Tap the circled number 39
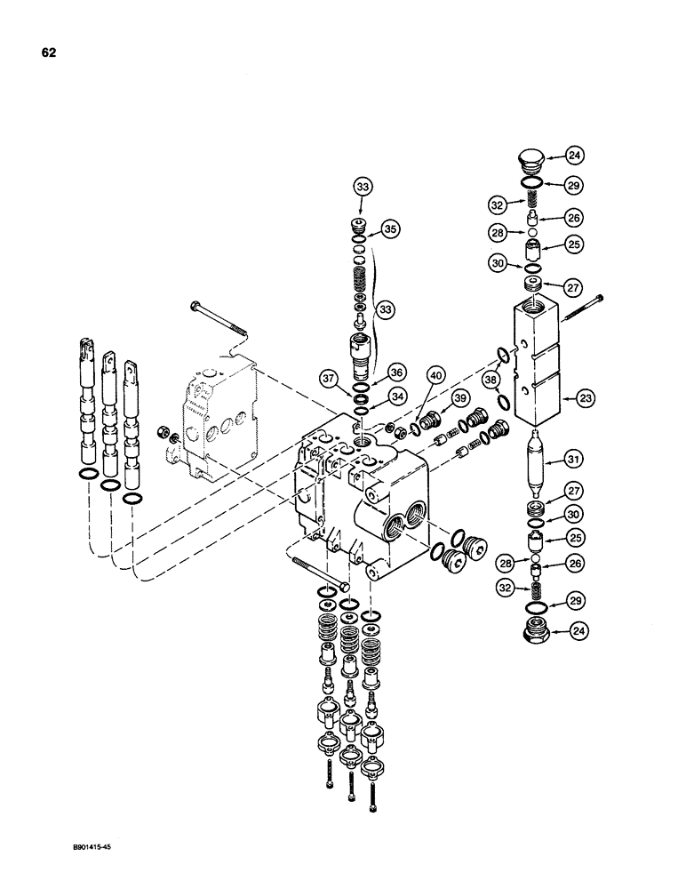click(460, 396)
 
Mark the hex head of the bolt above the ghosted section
click(193, 307)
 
